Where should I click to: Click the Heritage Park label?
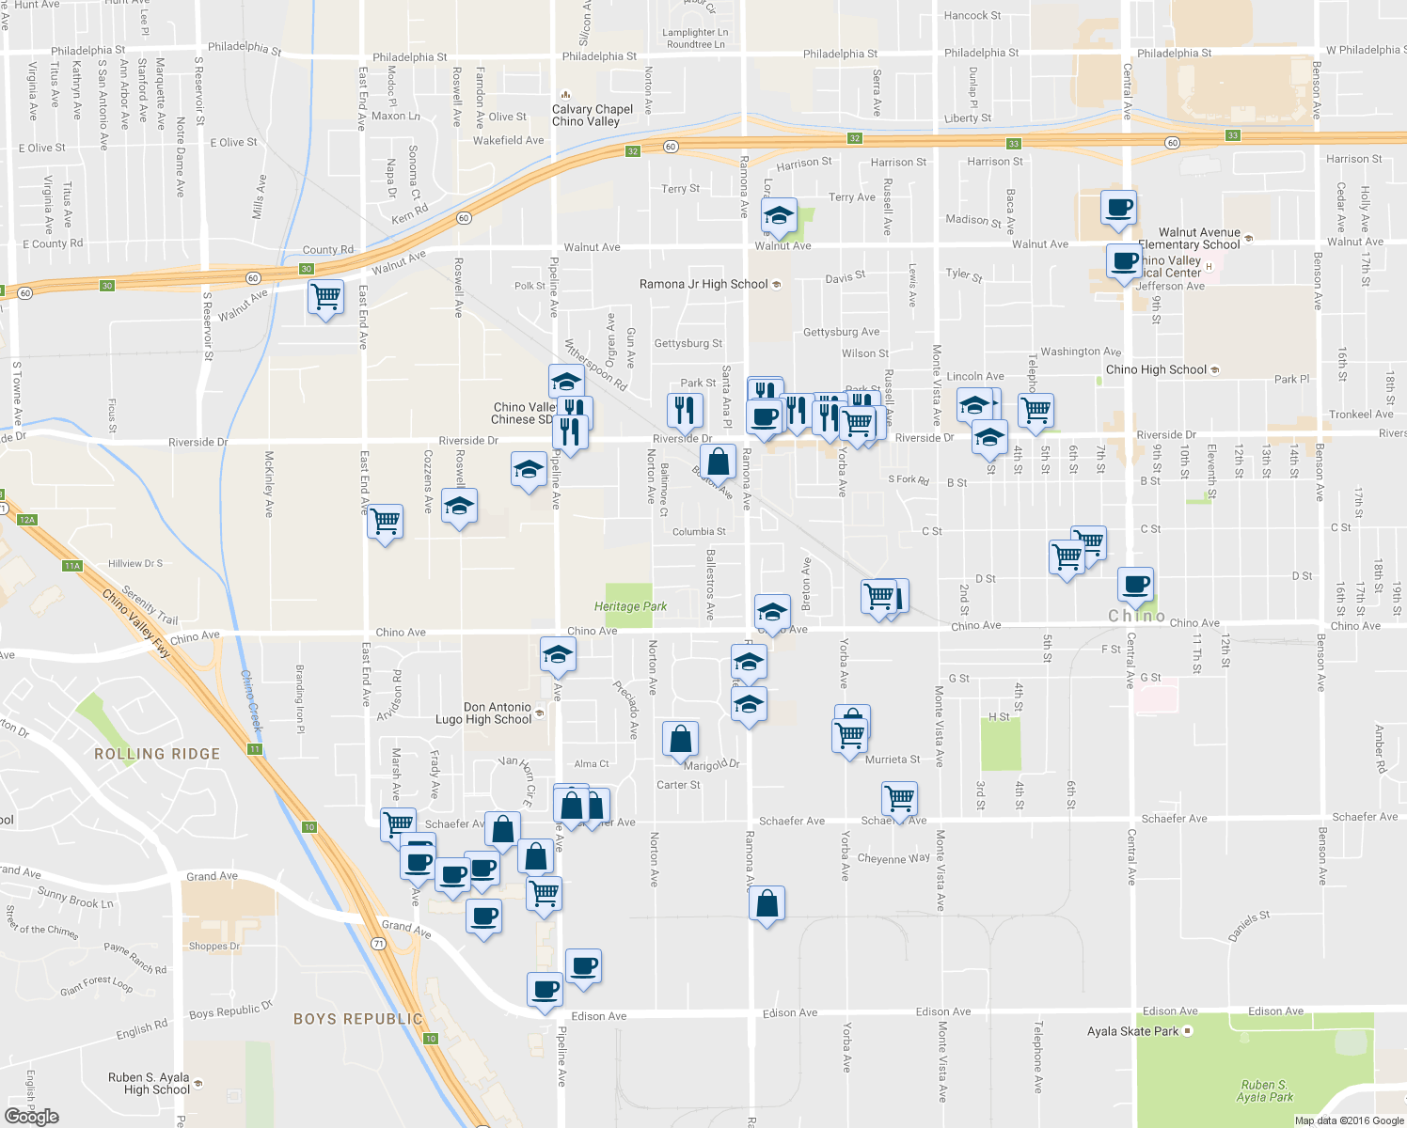pyautogui.click(x=630, y=606)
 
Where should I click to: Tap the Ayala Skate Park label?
pyautogui.click(x=1132, y=1031)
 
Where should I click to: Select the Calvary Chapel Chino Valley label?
pyautogui.click(x=592, y=115)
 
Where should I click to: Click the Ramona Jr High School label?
pyautogui.click(x=703, y=284)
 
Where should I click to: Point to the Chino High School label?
pyautogui.click(x=1156, y=369)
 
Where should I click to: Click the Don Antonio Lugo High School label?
pyautogui.click(x=498, y=713)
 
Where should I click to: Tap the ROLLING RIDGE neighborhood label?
pyautogui.click(x=157, y=754)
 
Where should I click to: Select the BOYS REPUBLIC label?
pyautogui.click(x=358, y=1019)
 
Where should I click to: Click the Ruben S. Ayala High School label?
pyautogui.click(x=149, y=1084)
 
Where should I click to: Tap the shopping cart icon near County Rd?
pyautogui.click(x=325, y=297)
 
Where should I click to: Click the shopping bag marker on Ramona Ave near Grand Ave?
pyautogui.click(x=767, y=903)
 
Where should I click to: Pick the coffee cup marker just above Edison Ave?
pyautogui.click(x=545, y=990)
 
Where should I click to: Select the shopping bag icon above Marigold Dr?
pyautogui.click(x=680, y=739)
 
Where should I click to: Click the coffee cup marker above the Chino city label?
pyautogui.click(x=1136, y=585)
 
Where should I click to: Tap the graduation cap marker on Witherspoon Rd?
pyautogui.click(x=567, y=381)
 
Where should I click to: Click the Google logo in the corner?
pyautogui.click(x=31, y=1117)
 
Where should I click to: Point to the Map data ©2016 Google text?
pyautogui.click(x=1349, y=1120)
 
